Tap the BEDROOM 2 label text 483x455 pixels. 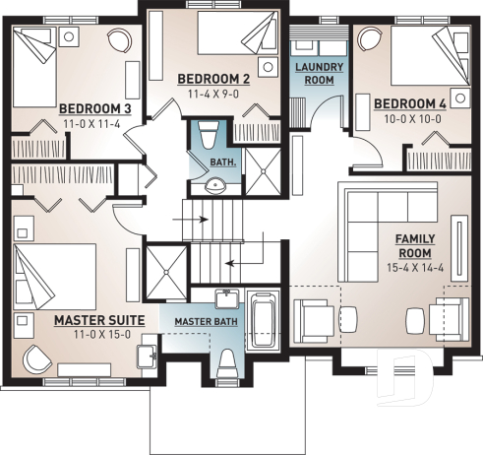pyautogui.click(x=213, y=79)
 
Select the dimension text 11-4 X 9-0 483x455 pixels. pyautogui.click(x=213, y=95)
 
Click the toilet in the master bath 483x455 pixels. pyautogui.click(x=227, y=362)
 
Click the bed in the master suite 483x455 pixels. pyautogui.click(x=55, y=274)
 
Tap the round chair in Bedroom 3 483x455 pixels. pyautogui.click(x=118, y=40)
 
